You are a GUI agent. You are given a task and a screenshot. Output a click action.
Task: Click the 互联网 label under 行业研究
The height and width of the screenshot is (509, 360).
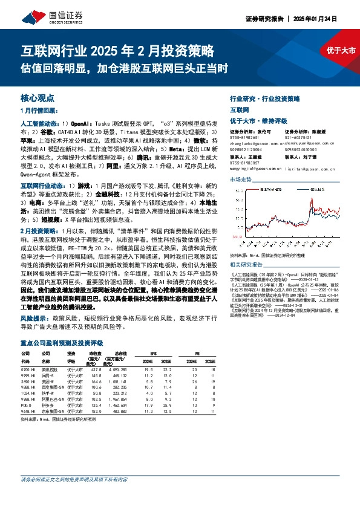click(240, 111)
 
